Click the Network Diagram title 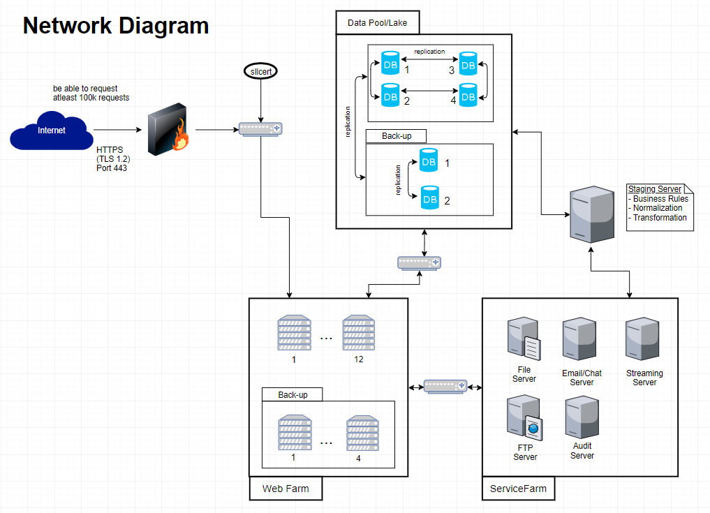(116, 26)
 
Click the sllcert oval (260, 72)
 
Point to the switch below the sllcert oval (260, 129)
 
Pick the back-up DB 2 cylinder (429, 198)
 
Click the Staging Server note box (660, 207)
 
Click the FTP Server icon (525, 417)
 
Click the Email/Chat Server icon (580, 339)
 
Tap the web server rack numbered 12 (358, 332)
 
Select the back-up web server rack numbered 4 (362, 433)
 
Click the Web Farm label (286, 489)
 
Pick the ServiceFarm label (518, 489)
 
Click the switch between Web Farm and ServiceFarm (445, 386)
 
